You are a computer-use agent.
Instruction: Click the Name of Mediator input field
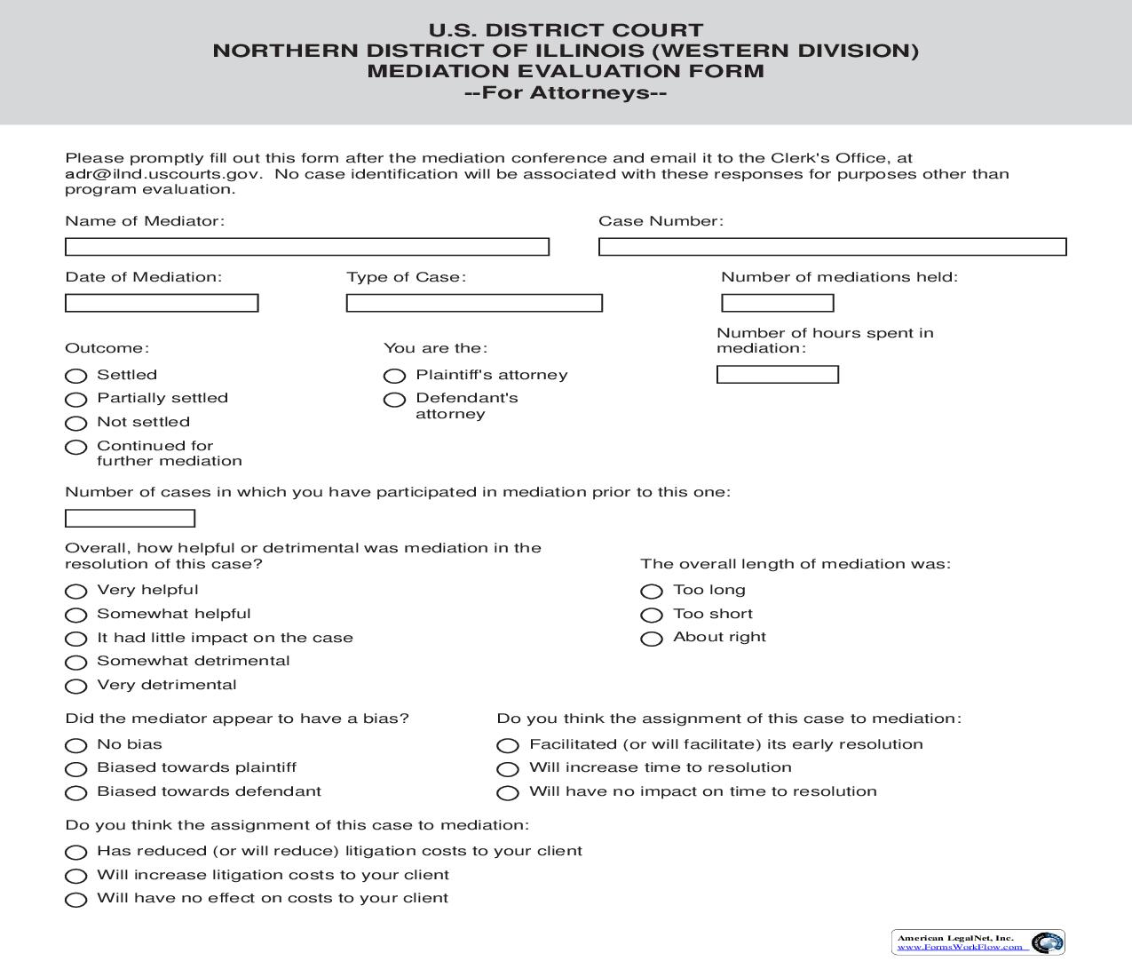click(307, 247)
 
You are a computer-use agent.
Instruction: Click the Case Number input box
click(832, 247)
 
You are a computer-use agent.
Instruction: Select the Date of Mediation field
click(162, 304)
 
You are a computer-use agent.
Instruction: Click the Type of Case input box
click(474, 304)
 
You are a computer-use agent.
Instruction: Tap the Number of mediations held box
click(778, 304)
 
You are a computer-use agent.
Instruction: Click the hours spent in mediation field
click(778, 375)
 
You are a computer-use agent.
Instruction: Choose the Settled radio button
click(76, 376)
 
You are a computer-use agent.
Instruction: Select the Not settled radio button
click(76, 424)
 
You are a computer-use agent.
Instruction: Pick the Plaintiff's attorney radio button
click(394, 376)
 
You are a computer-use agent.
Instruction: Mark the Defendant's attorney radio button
click(394, 400)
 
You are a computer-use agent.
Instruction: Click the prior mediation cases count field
click(131, 519)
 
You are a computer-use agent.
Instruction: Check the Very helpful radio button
click(76, 592)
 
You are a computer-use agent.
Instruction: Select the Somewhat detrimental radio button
click(76, 663)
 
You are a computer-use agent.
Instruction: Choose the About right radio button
click(652, 639)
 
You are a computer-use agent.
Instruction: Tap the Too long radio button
click(652, 592)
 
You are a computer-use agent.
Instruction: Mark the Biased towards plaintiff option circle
click(76, 769)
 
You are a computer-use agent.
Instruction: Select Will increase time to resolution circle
click(508, 769)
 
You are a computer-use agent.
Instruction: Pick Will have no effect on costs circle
click(76, 900)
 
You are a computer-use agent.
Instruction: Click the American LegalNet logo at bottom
click(978, 942)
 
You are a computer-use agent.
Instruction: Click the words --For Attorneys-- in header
click(566, 92)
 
